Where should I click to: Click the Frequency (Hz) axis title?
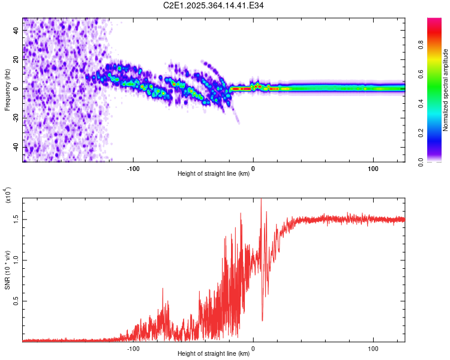click(8, 90)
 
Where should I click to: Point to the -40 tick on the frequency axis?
click(16, 147)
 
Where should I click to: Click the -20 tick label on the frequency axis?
click(16, 118)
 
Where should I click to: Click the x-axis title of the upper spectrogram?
click(214, 174)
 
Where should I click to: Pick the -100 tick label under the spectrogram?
click(133, 169)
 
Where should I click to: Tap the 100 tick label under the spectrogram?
click(373, 169)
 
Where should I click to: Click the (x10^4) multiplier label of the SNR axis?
click(8, 196)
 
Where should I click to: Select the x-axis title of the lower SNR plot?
click(214, 353)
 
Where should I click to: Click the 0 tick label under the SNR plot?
click(253, 348)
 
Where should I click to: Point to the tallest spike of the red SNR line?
click(261, 200)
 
